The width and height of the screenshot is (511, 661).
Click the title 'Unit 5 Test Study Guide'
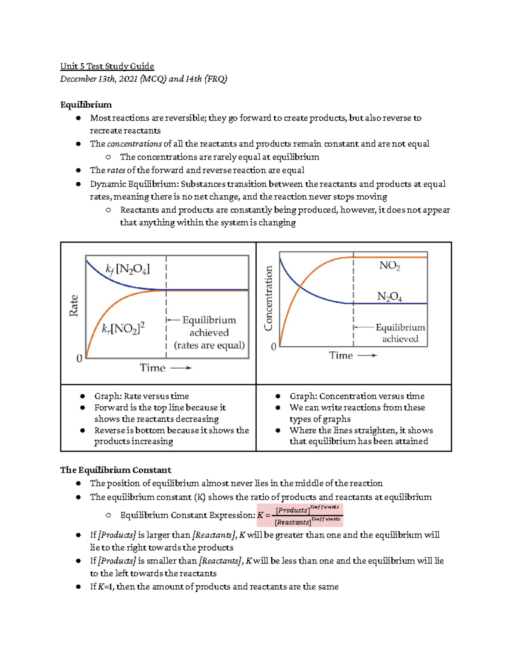click(x=107, y=66)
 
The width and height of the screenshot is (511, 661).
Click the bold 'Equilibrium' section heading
click(x=86, y=105)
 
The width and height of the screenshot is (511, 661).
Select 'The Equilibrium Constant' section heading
click(x=115, y=470)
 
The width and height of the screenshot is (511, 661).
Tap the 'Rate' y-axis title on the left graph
click(x=74, y=306)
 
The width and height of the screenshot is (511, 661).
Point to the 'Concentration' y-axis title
click(x=268, y=298)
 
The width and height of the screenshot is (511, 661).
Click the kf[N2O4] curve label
click(x=127, y=269)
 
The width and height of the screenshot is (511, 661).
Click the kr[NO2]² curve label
click(x=123, y=328)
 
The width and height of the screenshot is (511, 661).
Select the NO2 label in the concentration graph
click(x=389, y=266)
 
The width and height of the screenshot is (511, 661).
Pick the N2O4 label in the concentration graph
click(x=389, y=297)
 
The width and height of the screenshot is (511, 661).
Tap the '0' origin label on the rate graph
click(x=79, y=358)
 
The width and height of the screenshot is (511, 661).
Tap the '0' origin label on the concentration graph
click(x=273, y=347)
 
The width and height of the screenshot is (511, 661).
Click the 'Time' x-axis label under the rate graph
click(x=152, y=368)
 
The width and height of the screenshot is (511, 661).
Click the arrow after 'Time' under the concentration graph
click(x=367, y=355)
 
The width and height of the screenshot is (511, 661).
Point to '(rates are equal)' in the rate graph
click(x=209, y=345)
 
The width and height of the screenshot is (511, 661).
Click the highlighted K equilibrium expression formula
click(x=300, y=515)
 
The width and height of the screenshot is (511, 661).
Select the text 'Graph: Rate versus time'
click(x=141, y=396)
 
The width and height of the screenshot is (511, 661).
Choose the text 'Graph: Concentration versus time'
click(x=357, y=396)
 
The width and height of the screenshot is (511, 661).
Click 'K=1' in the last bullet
click(x=106, y=587)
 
